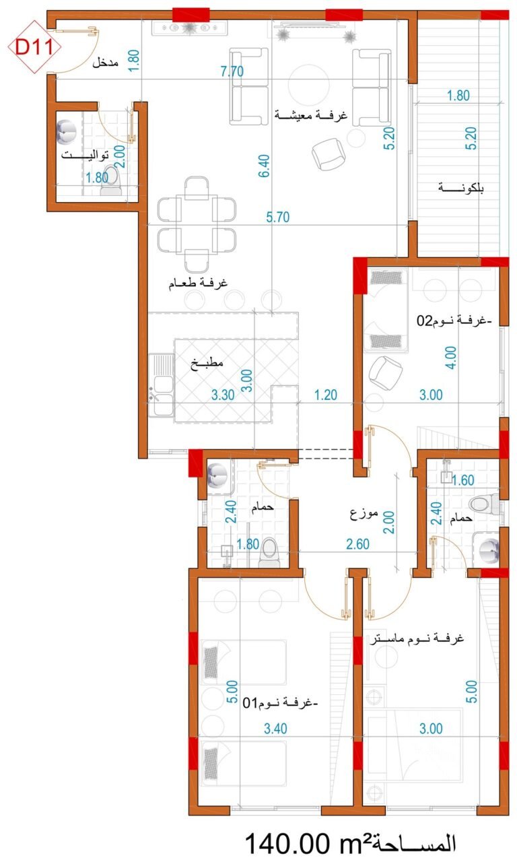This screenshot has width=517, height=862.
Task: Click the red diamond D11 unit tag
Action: tap(35, 48)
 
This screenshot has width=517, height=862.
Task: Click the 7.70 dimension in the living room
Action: tap(232, 71)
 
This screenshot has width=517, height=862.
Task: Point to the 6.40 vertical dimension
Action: tap(264, 166)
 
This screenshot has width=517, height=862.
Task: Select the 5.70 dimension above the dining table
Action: tap(278, 217)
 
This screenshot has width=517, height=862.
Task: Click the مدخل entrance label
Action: tap(105, 63)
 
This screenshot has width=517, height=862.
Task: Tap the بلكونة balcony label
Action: tap(461, 188)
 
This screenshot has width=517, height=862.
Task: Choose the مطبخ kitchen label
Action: tap(207, 363)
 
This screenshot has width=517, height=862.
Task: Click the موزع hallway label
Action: tap(364, 513)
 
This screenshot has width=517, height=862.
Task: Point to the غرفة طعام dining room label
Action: tap(198, 284)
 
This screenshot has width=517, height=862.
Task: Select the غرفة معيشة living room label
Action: tap(310, 114)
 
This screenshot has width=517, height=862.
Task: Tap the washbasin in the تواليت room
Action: tap(69, 133)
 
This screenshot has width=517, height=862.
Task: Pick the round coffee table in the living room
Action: tap(308, 84)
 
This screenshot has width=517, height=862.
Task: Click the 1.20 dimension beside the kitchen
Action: tap(325, 395)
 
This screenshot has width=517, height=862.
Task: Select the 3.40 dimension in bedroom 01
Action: tap(275, 729)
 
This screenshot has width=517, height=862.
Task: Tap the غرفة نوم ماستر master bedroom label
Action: tap(417, 639)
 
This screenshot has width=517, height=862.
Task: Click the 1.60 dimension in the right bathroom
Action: tap(462, 480)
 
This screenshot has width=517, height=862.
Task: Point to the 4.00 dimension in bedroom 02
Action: tap(451, 358)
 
